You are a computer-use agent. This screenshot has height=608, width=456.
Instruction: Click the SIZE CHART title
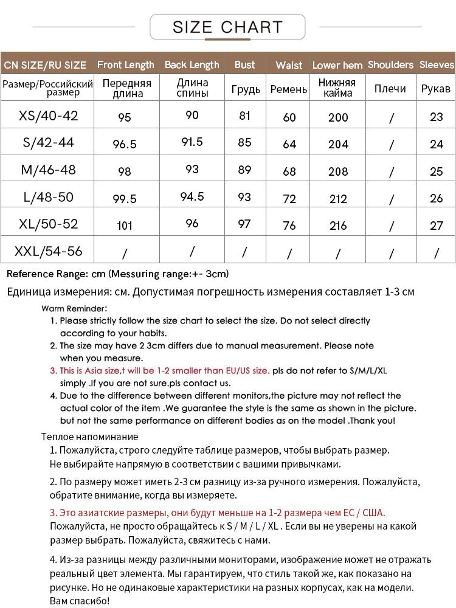point(227,27)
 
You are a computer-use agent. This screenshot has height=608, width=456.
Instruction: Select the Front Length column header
point(125,64)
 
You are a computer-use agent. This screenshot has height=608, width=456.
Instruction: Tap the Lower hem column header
point(337,65)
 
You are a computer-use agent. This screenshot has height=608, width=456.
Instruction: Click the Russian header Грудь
point(246,89)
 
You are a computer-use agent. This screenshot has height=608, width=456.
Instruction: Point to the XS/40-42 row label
point(49,116)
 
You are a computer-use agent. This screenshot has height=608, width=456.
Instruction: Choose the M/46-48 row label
point(49,170)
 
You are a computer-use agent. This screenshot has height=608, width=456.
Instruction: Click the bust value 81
point(245,116)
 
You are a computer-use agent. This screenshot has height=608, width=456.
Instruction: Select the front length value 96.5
point(125,144)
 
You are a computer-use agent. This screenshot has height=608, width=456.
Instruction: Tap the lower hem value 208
point(338,171)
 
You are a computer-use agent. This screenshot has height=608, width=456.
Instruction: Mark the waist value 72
point(289,199)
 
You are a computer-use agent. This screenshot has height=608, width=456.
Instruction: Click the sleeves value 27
point(437,226)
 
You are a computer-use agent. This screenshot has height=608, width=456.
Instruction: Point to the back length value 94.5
point(192,197)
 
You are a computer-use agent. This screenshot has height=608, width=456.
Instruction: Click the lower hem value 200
point(338,117)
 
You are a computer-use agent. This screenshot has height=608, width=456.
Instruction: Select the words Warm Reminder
point(74,308)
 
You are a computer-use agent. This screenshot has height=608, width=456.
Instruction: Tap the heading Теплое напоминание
point(90,437)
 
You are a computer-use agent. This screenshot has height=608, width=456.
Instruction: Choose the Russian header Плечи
point(390,89)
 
